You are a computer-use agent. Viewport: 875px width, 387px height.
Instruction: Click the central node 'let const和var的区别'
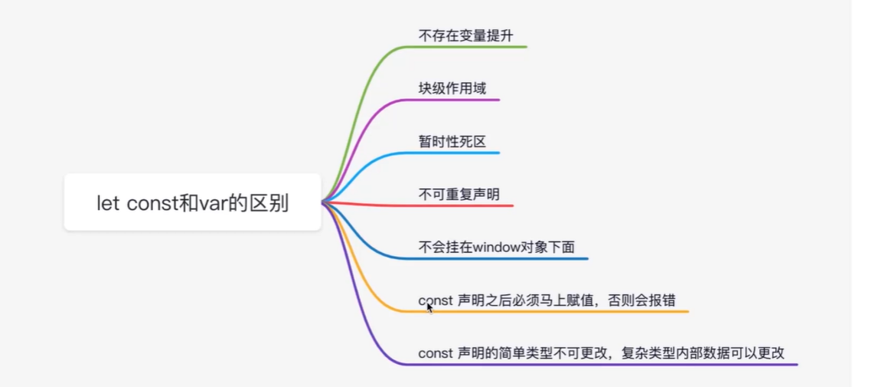tap(192, 203)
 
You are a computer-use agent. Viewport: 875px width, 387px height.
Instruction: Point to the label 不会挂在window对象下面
tap(496, 248)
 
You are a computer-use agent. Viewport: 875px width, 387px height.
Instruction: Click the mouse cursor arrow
tap(429, 307)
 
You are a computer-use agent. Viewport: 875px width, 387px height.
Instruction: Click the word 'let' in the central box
tap(108, 204)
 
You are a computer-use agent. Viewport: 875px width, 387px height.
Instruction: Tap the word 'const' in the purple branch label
tap(435, 353)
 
